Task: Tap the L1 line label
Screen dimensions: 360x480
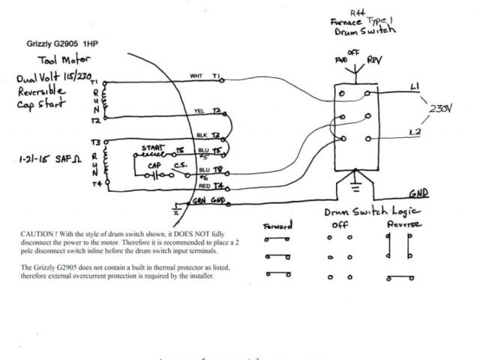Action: click(x=416, y=88)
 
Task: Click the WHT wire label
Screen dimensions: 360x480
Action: click(x=196, y=76)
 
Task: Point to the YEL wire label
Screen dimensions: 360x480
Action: click(x=199, y=109)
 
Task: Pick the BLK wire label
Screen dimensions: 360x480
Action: click(x=201, y=135)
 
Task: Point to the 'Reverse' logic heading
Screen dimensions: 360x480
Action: click(x=403, y=225)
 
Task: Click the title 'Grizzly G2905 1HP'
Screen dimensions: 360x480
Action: click(x=63, y=44)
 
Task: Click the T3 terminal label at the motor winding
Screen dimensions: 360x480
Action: click(x=96, y=141)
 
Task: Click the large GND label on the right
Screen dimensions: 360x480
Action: click(x=419, y=193)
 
